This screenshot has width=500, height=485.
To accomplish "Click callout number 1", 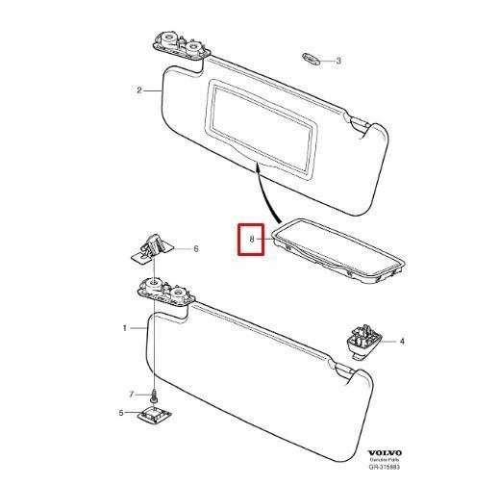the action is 125,328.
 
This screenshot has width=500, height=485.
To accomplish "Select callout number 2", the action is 139,90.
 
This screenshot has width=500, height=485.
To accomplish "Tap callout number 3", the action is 338,61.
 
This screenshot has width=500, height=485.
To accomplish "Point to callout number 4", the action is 402,342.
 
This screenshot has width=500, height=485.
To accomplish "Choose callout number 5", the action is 121,413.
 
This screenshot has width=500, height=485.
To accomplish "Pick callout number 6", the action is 196,248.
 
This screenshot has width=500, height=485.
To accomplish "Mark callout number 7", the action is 132,395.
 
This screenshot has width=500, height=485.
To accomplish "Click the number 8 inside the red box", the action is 252,239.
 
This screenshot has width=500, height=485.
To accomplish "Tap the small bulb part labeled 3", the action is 312,60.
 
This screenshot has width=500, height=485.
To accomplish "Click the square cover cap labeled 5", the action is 155,414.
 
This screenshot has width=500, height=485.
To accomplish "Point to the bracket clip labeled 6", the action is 152,247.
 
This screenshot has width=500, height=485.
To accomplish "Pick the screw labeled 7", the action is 155,396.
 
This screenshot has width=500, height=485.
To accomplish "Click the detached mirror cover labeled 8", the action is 338,251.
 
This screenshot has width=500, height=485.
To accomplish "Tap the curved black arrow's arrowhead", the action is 257,166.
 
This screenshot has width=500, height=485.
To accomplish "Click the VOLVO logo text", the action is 385,452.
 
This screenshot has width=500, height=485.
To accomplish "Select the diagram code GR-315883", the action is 384,467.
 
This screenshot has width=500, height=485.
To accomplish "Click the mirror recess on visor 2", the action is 261,129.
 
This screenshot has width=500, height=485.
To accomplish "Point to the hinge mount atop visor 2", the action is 182,47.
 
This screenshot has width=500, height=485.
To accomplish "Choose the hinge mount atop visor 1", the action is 166,292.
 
